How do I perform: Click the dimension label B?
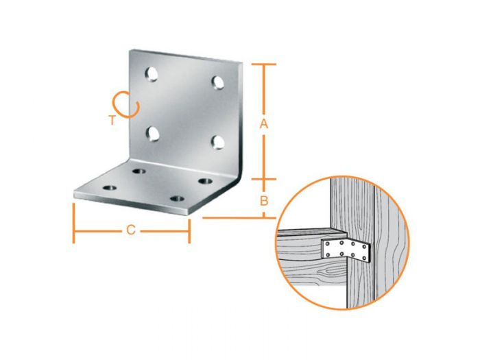coord(264,200)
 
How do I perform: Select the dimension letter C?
coord(130,230)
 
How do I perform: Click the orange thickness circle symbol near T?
coord(127,104)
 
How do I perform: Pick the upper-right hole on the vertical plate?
coord(219,82)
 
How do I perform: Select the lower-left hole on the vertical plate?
coord(152,132)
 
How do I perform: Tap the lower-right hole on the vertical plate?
coord(218,141)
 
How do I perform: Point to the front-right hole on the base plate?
coord(178,199)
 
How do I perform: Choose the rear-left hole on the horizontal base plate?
coord(139,171)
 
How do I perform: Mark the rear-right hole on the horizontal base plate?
coord(204,181)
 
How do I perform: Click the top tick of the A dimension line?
coord(264,64)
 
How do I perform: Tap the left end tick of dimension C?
coord(73,223)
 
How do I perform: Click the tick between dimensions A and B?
coord(264,180)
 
